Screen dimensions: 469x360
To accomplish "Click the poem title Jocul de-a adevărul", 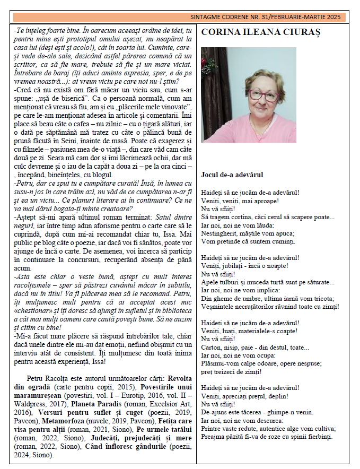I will tap(232, 174).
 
